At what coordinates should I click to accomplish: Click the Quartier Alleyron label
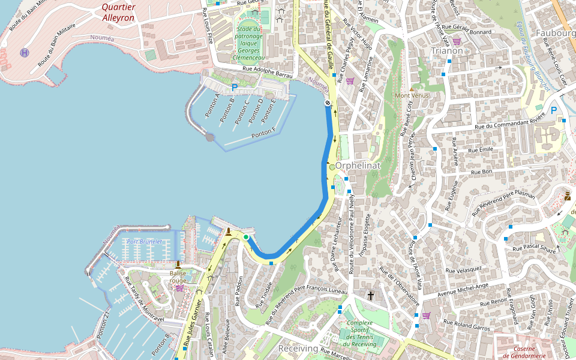(x=118, y=13)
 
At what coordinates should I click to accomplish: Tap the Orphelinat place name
(x=358, y=165)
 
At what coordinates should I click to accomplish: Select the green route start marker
(x=246, y=238)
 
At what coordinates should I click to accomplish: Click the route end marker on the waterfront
(x=328, y=103)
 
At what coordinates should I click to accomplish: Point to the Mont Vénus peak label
(x=410, y=95)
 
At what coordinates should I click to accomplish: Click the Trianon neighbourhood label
(x=447, y=51)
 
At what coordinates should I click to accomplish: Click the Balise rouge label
(x=178, y=277)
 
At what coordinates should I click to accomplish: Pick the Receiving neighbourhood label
(x=298, y=349)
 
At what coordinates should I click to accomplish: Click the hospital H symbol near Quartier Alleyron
(x=24, y=53)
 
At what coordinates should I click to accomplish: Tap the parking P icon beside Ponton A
(x=235, y=88)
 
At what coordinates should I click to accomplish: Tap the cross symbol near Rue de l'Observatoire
(x=371, y=295)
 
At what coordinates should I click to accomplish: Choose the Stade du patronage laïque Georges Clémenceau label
(x=249, y=43)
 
